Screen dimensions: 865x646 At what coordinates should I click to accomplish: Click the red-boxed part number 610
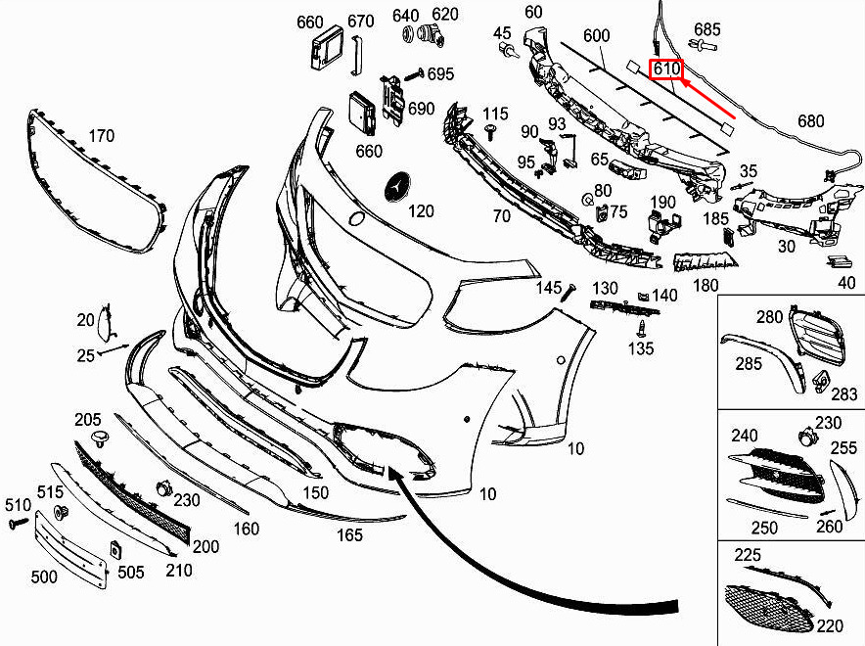coord(666,69)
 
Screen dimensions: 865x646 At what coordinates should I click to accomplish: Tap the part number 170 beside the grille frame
coord(102,136)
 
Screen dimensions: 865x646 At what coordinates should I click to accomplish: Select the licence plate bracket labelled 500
coord(70,549)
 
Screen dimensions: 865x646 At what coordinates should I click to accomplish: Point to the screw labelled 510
coord(19,523)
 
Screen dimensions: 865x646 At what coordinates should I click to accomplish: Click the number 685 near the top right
coord(707,29)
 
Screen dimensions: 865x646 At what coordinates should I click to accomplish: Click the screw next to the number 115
coord(489,132)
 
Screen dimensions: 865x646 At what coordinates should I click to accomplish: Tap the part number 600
coord(596,36)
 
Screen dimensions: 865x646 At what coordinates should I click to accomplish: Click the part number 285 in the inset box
coord(749,364)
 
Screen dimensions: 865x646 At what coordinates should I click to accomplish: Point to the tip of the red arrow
coord(682,80)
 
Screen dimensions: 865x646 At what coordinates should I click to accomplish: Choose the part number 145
coord(548,288)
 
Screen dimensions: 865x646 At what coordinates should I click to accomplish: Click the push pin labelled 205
coord(99,439)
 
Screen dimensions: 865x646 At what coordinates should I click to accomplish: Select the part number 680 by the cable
coord(810,121)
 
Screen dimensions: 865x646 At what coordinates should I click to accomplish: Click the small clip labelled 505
coord(115,549)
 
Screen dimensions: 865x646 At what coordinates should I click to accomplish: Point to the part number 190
coord(662,203)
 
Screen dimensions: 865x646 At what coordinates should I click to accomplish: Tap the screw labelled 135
coord(640,329)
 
